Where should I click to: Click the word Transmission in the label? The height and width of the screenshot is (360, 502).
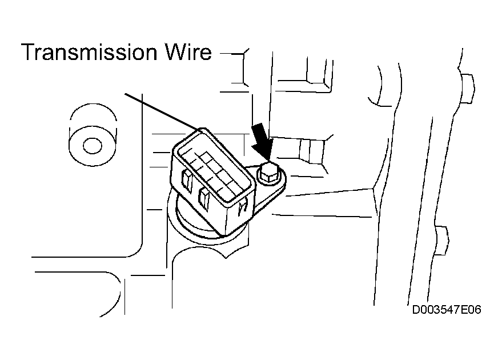click(x=89, y=52)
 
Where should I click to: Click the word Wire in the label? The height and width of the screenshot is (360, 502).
click(x=188, y=52)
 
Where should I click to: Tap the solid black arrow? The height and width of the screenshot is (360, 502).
click(x=263, y=141)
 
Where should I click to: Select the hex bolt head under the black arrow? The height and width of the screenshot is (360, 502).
click(x=268, y=173)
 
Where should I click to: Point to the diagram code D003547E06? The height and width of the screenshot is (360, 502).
click(x=447, y=310)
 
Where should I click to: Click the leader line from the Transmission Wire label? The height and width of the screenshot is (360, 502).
click(x=163, y=111)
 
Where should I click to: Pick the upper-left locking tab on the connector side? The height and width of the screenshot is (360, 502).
click(x=187, y=181)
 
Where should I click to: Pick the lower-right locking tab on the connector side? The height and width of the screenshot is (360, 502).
click(x=204, y=199)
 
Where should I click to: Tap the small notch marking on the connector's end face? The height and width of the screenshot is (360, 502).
click(x=243, y=207)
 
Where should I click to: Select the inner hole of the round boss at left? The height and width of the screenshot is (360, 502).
click(x=93, y=146)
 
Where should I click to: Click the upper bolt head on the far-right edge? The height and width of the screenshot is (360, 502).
click(x=467, y=89)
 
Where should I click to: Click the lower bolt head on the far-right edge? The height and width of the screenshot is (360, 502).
click(x=442, y=241)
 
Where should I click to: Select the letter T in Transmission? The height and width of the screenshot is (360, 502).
click(x=30, y=52)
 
